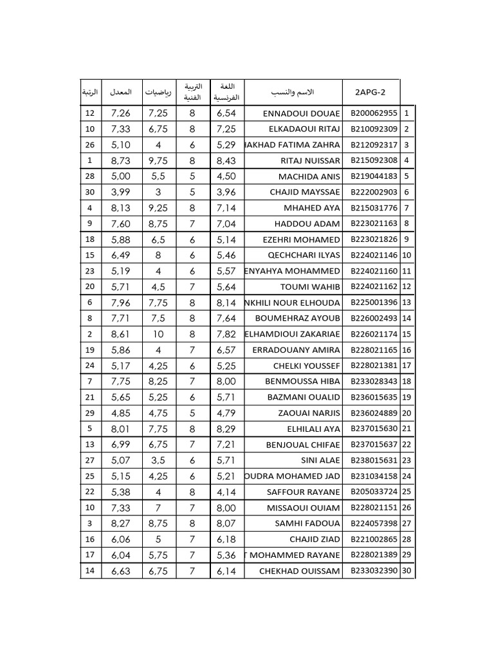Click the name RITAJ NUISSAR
pyautogui.click(x=310, y=160)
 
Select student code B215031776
pyautogui.click(x=374, y=208)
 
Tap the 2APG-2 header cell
pyautogui.click(x=370, y=92)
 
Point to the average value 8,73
pyautogui.click(x=121, y=160)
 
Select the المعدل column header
pyautogui.click(x=121, y=92)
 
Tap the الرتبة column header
pyautogui.click(x=90, y=92)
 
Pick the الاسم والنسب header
pyautogui.click(x=294, y=92)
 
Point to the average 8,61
pyautogui.click(x=121, y=334)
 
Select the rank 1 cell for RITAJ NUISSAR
pyautogui.click(x=89, y=160)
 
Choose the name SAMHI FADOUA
pyautogui.click(x=307, y=523)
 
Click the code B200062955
pyautogui.click(x=374, y=113)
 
